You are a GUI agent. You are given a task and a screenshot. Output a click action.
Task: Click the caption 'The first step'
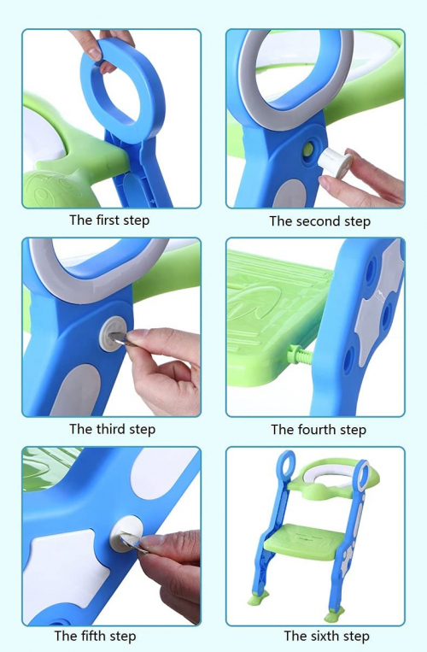(x=109, y=220)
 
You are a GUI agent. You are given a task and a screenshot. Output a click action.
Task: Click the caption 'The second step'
(x=319, y=221)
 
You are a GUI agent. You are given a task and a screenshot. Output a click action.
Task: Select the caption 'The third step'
(x=112, y=429)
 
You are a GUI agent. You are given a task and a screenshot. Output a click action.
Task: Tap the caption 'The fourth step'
(x=319, y=430)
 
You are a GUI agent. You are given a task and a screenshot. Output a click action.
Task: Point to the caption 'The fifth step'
(x=95, y=636)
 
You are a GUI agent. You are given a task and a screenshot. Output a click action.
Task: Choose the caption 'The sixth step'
(x=326, y=636)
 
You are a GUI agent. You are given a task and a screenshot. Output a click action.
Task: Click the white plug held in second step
(x=335, y=162)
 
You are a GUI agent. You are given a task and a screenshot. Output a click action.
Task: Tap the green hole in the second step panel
(x=308, y=149)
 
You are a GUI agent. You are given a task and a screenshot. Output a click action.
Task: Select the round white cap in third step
(x=112, y=333)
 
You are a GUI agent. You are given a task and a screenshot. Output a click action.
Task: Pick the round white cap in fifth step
(x=126, y=534)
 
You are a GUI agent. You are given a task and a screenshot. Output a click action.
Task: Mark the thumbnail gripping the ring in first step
(x=95, y=52)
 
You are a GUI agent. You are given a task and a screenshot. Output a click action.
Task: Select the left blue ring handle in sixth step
(x=286, y=463)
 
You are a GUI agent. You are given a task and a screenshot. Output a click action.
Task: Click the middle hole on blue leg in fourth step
(x=387, y=315)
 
